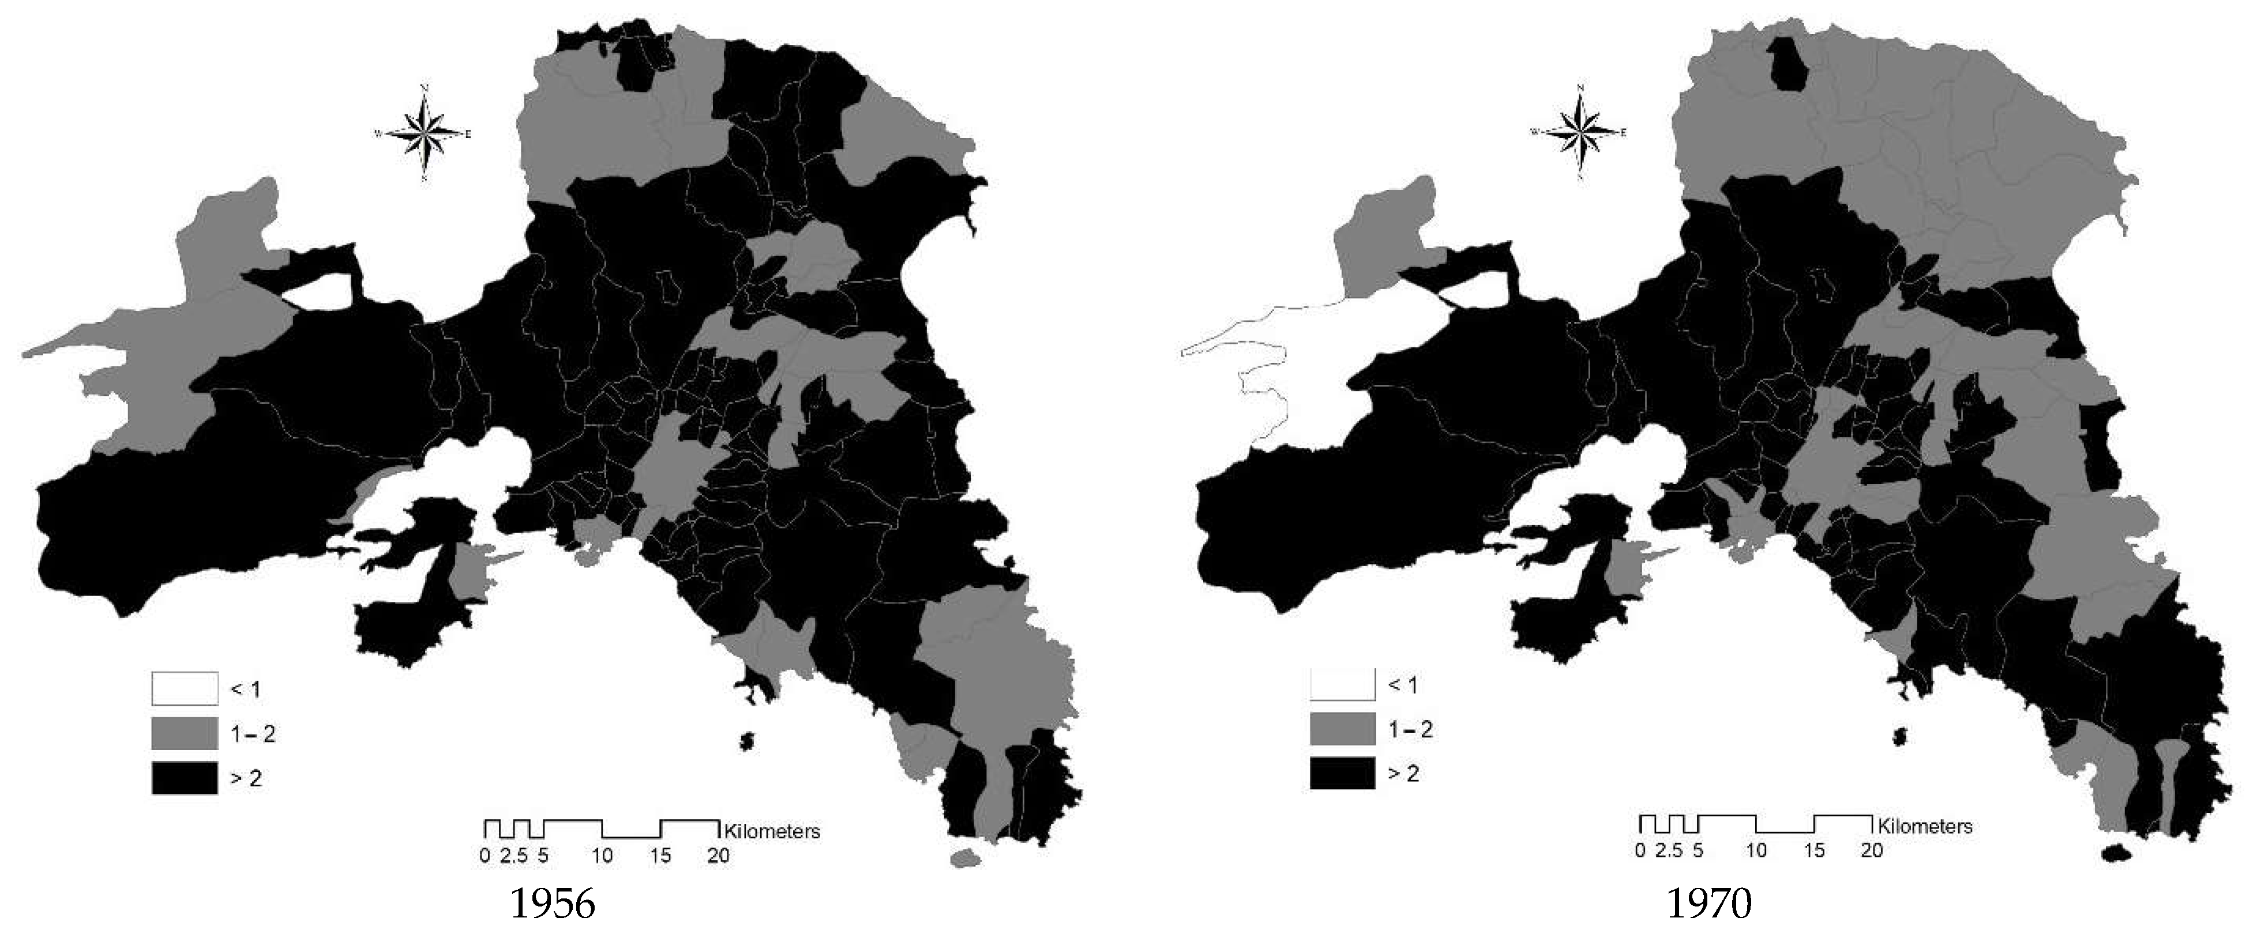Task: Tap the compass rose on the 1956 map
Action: pos(424,134)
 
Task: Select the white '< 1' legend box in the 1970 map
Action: pos(1342,684)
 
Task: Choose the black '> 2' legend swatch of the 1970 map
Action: pos(1342,774)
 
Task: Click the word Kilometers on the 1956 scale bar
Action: pos(772,831)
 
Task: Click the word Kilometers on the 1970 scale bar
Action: pos(1924,826)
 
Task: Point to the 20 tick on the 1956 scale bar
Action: pos(719,856)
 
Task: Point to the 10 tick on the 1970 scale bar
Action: pos(1756,850)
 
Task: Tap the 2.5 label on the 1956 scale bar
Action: pos(515,856)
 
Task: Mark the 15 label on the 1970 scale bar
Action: pos(1813,850)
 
